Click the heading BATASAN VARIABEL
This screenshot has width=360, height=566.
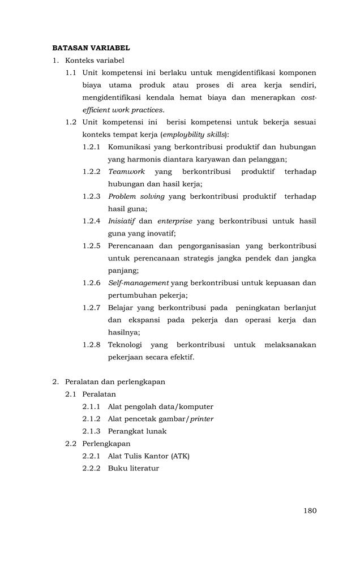[x=91, y=48]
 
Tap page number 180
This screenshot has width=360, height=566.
[x=310, y=511]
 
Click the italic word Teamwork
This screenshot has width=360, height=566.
[x=126, y=171]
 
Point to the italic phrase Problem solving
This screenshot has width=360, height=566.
[x=136, y=196]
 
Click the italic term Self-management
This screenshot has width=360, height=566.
[x=138, y=283]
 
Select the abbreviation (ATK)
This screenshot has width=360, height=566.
[x=179, y=456]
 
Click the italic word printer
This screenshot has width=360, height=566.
[x=202, y=419]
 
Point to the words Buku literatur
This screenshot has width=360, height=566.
[x=133, y=469]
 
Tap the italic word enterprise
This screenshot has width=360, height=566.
[x=175, y=221]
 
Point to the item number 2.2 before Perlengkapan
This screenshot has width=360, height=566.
[x=71, y=444]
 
